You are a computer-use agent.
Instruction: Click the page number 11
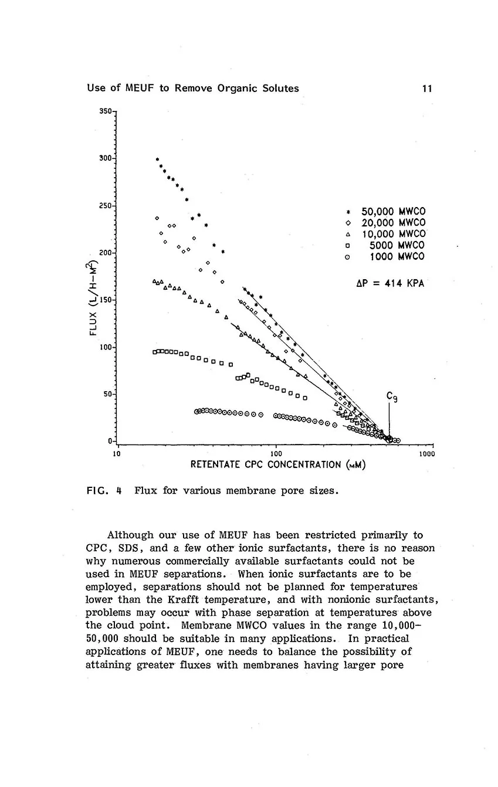pyautogui.click(x=426, y=89)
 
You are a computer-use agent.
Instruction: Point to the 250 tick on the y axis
pyautogui.click(x=107, y=206)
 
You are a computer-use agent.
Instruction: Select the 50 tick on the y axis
pyautogui.click(x=109, y=394)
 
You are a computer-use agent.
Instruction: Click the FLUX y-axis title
pyautogui.click(x=92, y=300)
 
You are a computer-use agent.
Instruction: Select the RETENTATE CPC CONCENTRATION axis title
pyautogui.click(x=279, y=465)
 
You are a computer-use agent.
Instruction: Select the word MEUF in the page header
pyautogui.click(x=138, y=89)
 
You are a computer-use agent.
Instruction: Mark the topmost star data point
pyautogui.click(x=157, y=159)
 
